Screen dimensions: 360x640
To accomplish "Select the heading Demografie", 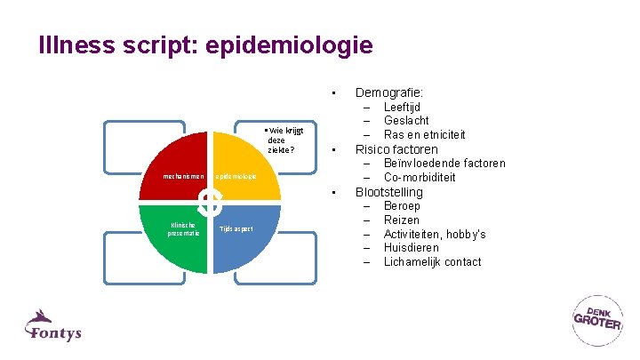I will point(389,92).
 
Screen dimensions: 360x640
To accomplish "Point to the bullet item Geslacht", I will point(406,120).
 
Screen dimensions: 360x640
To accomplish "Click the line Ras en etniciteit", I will point(425,134).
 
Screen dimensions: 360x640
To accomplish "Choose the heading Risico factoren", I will point(396,149).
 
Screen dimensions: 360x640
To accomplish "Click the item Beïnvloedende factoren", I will point(444,164).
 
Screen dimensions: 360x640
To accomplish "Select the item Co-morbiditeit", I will point(420,177).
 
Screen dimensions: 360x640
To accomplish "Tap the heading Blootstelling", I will point(389,192).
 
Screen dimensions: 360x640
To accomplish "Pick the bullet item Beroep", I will point(402,206).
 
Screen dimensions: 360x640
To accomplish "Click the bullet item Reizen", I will point(402,220).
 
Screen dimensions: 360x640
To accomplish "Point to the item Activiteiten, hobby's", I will point(435,234).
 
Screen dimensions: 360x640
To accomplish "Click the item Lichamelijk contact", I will point(432,262).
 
